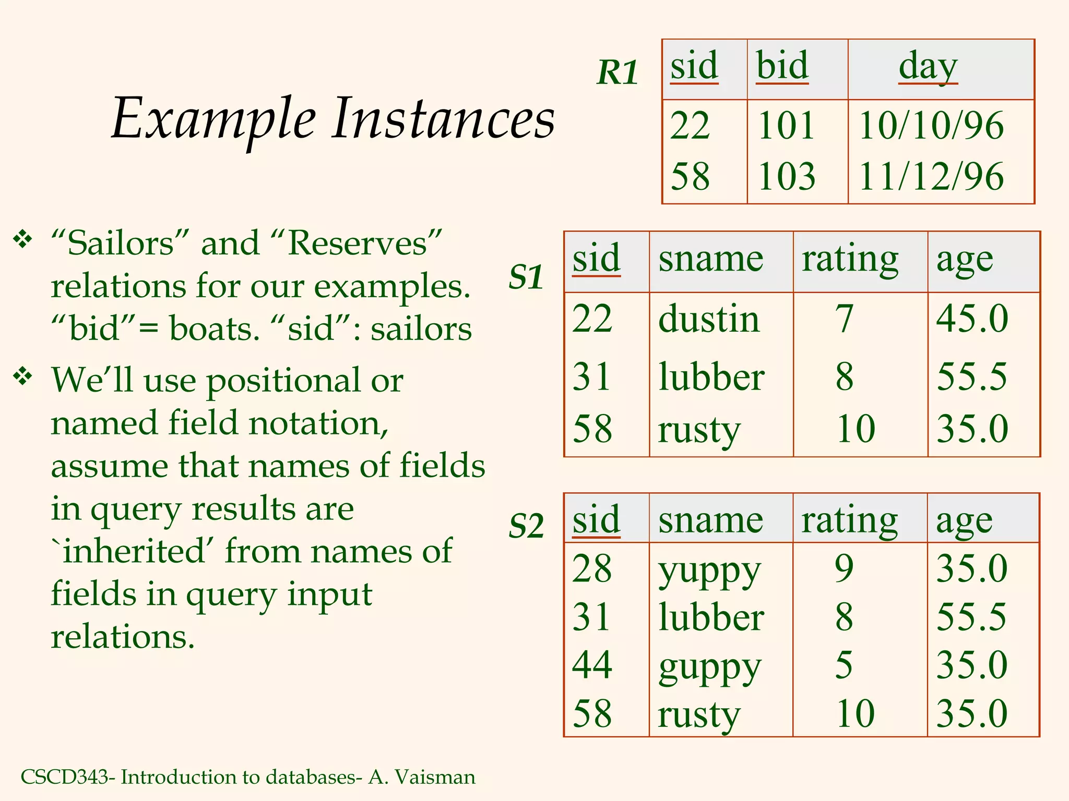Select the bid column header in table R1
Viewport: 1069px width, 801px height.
point(782,66)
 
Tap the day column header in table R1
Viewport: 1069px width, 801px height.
point(928,67)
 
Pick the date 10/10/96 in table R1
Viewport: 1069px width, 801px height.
point(931,126)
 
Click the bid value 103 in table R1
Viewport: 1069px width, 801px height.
point(787,176)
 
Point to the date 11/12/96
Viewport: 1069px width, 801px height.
point(931,176)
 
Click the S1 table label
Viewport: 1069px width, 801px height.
point(526,276)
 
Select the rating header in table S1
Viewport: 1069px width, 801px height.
point(850,259)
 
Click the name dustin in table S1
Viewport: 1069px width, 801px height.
point(709,319)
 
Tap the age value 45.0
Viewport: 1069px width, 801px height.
point(972,319)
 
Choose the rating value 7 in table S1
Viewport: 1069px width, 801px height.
point(845,319)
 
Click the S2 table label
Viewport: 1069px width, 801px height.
point(526,525)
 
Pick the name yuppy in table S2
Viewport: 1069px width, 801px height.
point(709,571)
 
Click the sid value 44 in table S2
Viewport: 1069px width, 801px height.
point(592,665)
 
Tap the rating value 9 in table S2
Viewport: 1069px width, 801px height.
point(844,568)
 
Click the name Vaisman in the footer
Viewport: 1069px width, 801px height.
point(435,777)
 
